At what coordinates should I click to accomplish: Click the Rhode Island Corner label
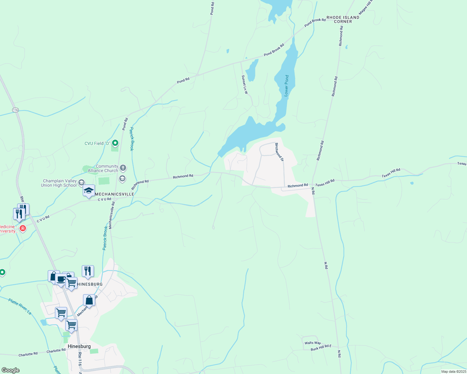(x=343, y=19)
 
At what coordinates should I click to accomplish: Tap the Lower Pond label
(x=287, y=85)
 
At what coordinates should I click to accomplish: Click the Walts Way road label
(x=313, y=343)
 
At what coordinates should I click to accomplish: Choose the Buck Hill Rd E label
(x=321, y=348)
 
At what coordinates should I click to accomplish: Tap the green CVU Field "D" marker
(x=115, y=143)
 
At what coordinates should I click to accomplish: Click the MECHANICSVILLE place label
(x=114, y=194)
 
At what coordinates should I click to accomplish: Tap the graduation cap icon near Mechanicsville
(x=89, y=190)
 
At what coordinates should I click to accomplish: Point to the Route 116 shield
(x=16, y=110)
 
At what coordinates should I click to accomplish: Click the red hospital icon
(x=22, y=228)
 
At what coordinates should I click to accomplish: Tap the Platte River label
(x=20, y=306)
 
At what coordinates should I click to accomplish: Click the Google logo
(x=10, y=370)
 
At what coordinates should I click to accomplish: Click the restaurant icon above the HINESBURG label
(x=88, y=271)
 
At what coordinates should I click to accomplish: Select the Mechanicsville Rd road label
(x=111, y=215)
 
